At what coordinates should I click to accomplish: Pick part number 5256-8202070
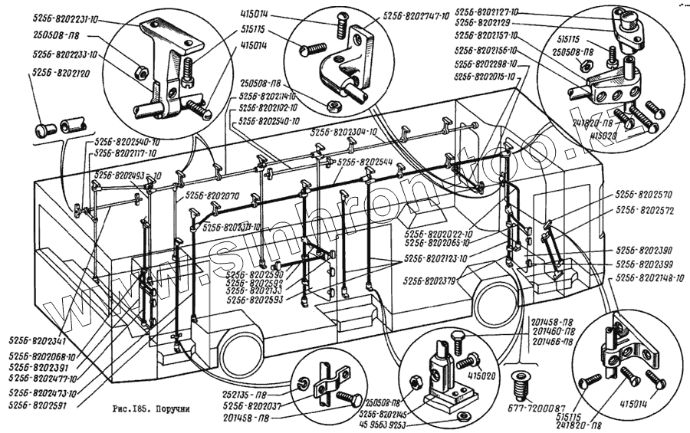[212, 195]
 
